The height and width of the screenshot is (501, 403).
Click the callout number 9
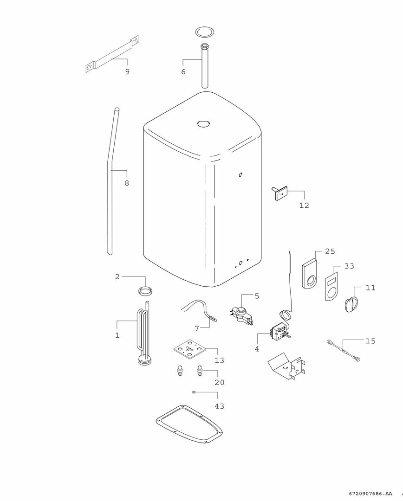click(x=127, y=71)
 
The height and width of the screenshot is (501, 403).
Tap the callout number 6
click(x=183, y=72)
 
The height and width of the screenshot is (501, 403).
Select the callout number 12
click(x=304, y=206)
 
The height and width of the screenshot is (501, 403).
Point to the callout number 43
click(x=220, y=406)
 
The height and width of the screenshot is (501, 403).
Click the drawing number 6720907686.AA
click(x=366, y=494)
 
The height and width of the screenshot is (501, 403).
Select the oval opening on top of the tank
click(x=203, y=123)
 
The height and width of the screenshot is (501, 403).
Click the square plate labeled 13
click(x=188, y=349)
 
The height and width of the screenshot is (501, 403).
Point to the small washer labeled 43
click(x=194, y=392)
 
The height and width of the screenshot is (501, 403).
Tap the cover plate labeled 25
click(x=310, y=274)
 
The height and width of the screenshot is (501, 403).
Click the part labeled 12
click(x=280, y=193)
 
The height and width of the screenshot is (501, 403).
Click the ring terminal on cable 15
click(x=328, y=342)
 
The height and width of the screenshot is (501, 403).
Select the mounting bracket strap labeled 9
click(x=112, y=55)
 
